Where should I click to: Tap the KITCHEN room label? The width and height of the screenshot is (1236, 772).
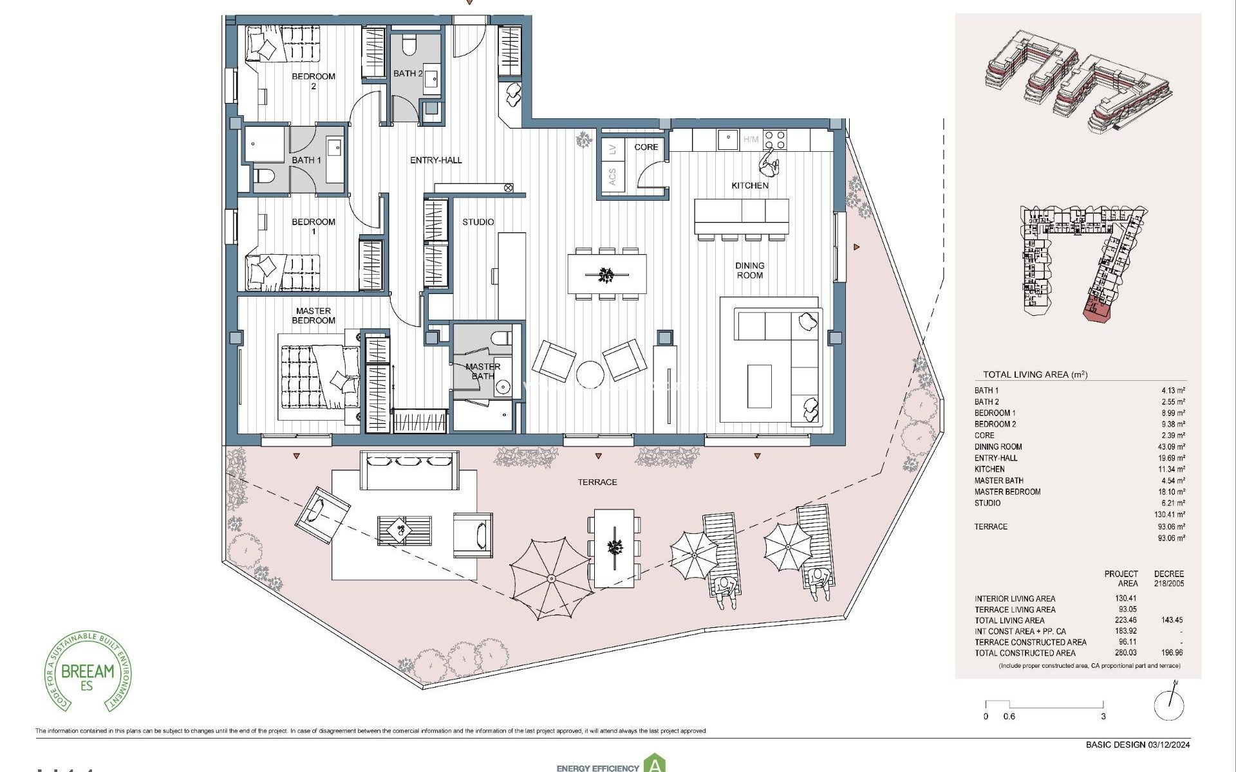coord(749,185)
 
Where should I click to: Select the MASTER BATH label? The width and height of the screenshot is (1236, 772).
coord(482,371)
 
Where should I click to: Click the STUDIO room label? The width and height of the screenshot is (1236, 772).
coord(478,222)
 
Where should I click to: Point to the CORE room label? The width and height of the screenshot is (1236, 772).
coord(646,147)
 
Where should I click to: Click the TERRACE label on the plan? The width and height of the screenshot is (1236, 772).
coord(597,482)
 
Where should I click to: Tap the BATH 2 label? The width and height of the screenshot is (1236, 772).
coord(407,73)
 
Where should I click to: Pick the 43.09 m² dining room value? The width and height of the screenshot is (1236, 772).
coord(1171,446)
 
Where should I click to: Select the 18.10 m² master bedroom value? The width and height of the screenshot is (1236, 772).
coord(1171,492)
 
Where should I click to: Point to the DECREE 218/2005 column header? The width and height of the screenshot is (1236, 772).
coord(1168,578)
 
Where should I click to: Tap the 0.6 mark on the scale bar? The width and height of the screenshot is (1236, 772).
coord(1009,716)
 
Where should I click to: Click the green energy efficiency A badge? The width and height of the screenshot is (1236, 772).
coord(655,764)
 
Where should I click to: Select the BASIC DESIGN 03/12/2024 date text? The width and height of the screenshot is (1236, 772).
coord(1138,745)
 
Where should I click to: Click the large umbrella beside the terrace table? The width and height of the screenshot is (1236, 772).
coord(552,578)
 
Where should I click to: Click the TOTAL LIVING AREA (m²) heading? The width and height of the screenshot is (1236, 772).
coord(1035,374)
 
